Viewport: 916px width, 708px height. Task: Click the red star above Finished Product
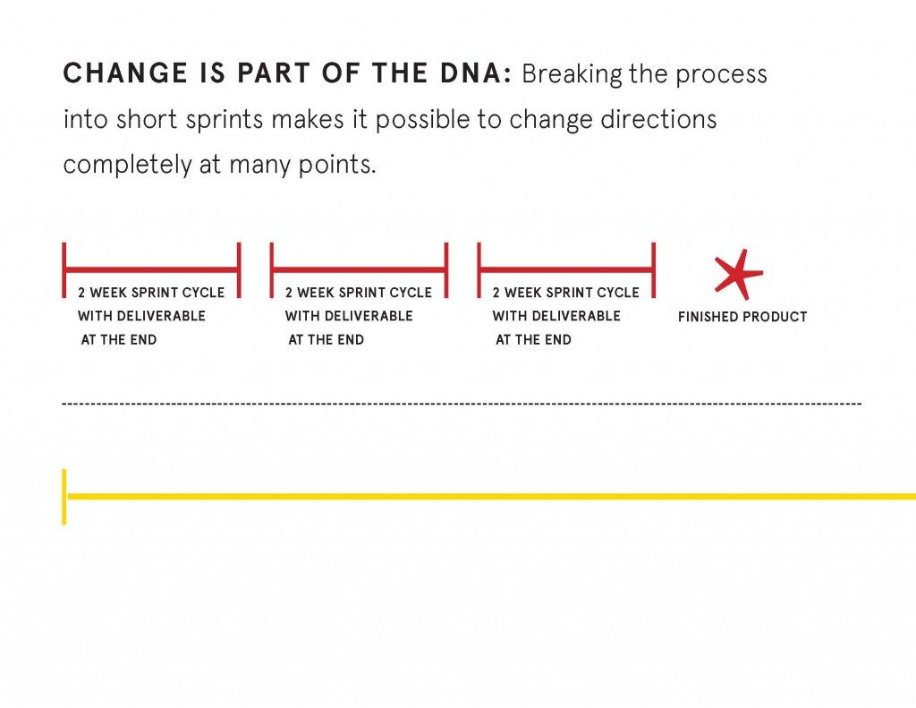738,274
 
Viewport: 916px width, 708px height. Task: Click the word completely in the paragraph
127,166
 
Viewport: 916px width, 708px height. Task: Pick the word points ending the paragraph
337,166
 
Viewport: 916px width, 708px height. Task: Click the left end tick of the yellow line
64,497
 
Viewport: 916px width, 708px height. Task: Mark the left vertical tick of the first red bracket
64,270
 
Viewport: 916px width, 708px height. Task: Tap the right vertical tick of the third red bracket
653,270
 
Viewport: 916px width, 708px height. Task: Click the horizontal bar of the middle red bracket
360,269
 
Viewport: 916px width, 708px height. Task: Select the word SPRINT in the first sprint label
155,293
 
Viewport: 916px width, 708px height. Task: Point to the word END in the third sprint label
558,339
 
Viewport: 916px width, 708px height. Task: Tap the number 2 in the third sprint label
496,293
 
